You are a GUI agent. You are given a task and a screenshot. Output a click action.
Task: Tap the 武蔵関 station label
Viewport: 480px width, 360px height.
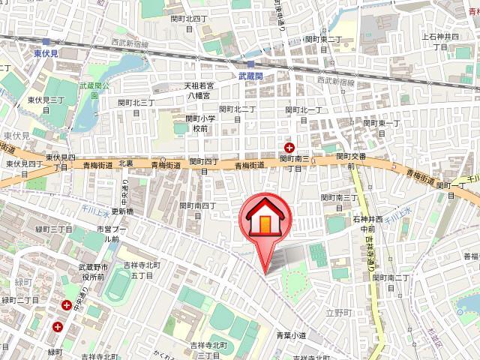pyautogui.click(x=250, y=76)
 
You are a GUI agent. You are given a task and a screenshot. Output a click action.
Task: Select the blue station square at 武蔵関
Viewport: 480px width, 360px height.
pyautogui.click(x=250, y=64)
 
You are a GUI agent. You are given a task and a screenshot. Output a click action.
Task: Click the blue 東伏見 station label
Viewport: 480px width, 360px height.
pyautogui.click(x=48, y=54)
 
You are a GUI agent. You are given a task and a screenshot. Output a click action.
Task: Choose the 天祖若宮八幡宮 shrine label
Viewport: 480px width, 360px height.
pyautogui.click(x=200, y=91)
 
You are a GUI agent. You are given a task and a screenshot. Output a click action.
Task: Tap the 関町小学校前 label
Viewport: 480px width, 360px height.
pyautogui.click(x=200, y=123)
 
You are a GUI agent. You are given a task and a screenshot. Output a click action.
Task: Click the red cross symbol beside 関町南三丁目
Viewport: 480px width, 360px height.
pyautogui.click(x=289, y=148)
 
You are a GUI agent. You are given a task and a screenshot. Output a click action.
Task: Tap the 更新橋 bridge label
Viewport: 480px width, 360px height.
pyautogui.click(x=122, y=211)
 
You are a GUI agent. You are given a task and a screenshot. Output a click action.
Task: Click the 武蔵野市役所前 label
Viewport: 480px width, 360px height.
pyautogui.click(x=95, y=272)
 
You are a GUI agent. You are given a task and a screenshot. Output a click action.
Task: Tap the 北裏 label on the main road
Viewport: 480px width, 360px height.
pyautogui.click(x=125, y=163)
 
